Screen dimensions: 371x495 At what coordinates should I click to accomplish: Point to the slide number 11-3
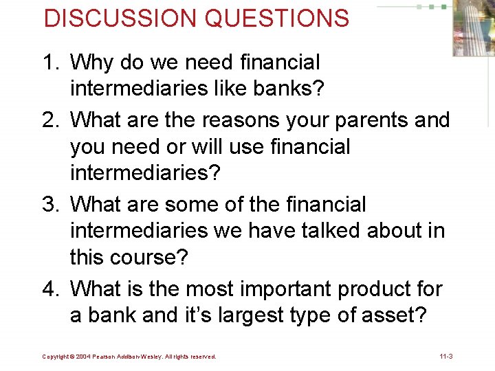point(445,357)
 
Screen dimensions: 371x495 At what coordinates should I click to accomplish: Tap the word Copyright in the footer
point(56,357)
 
